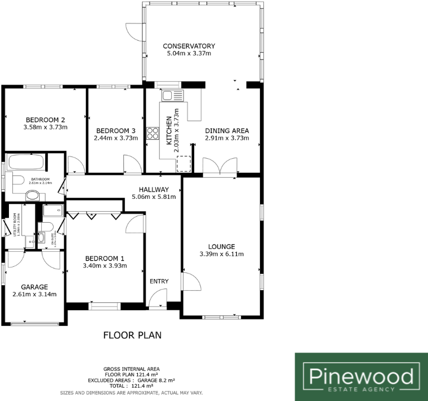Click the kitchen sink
click(172, 95)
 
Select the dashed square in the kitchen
click(184, 164)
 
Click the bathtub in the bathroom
click(25, 163)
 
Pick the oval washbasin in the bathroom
click(34, 195)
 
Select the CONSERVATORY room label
click(189, 46)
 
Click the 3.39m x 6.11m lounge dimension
click(222, 255)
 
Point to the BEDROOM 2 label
click(45, 119)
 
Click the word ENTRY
click(158, 281)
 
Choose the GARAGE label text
click(34, 286)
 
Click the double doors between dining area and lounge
click(221, 167)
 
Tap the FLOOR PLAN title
click(132, 335)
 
